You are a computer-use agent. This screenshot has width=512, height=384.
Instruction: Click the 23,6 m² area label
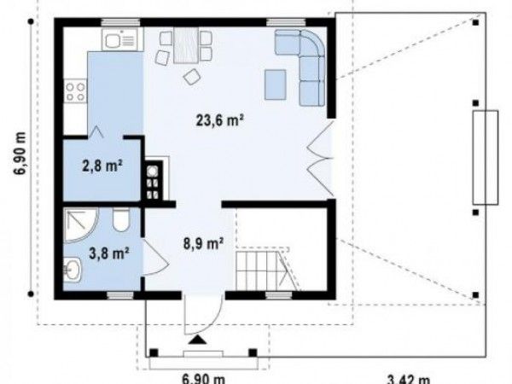(220, 120)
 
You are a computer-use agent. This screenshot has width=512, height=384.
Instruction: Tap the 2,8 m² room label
(102, 166)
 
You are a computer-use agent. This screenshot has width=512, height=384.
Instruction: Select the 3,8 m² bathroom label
(109, 253)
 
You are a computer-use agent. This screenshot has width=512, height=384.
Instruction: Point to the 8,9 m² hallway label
(203, 243)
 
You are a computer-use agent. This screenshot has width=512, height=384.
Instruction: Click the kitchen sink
(122, 39)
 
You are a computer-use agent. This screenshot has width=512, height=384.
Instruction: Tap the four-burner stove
(76, 92)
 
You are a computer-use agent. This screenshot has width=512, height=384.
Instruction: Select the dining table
(186, 45)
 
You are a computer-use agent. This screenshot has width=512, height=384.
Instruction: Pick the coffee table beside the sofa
(276, 84)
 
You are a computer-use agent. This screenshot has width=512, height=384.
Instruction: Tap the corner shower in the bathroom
(81, 225)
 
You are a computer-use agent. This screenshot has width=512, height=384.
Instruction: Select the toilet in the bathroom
(121, 220)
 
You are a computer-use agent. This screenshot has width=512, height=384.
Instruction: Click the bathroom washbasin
(73, 269)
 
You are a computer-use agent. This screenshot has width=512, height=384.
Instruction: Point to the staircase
(266, 270)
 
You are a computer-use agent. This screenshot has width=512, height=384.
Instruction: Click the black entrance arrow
(198, 340)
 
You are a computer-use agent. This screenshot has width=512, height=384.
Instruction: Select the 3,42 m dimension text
(408, 380)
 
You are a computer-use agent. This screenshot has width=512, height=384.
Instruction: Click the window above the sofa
(286, 22)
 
